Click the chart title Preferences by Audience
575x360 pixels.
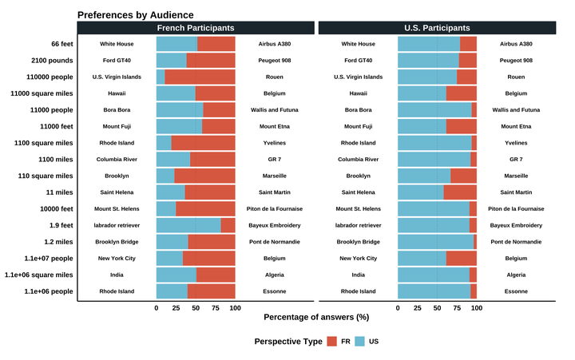point(135,15)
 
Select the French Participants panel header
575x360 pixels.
point(195,28)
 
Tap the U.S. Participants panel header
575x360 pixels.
point(437,28)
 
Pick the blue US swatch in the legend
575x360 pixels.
point(359,342)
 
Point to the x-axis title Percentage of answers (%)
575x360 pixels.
point(316,317)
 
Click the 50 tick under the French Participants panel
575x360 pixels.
point(196,307)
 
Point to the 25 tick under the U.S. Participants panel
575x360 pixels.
point(418,307)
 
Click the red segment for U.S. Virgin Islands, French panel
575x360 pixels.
point(200,77)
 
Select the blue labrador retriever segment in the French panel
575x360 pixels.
point(188,225)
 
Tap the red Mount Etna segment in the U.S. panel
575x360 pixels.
point(461,126)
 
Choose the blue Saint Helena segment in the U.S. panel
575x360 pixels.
point(420,192)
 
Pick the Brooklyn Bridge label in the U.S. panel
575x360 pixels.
point(358,242)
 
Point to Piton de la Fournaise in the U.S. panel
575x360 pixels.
point(516,209)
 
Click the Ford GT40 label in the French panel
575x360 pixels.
point(117,61)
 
